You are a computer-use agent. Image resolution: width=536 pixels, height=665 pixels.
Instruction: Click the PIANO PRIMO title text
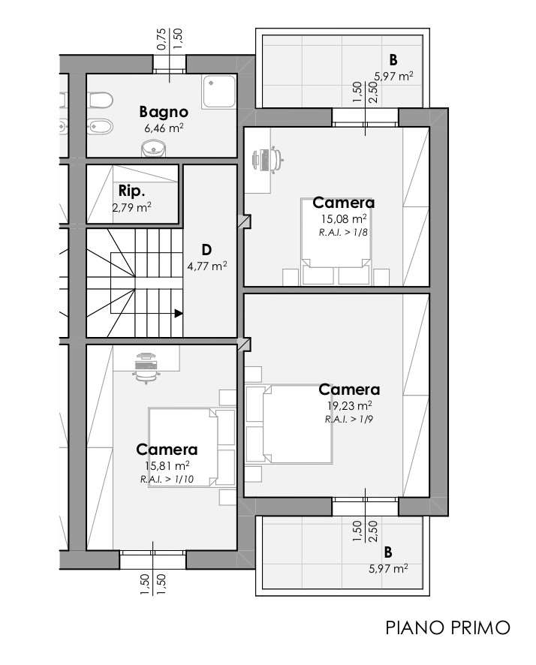coord(448,627)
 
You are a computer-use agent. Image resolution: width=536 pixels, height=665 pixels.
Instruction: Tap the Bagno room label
coord(164,112)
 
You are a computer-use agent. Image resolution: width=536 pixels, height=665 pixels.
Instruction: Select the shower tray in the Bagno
coord(218,91)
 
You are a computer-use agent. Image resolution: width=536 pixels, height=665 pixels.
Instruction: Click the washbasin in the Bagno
coord(153,149)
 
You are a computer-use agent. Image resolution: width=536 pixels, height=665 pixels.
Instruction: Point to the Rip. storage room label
coord(132,191)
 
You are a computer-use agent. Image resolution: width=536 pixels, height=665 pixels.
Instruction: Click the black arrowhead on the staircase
coord(179,314)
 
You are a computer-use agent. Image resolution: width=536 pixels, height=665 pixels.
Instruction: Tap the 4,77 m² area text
coord(207,266)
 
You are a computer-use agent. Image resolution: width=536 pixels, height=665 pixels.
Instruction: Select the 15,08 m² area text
coord(344,219)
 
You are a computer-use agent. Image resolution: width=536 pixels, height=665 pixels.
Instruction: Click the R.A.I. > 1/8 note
coord(343,233)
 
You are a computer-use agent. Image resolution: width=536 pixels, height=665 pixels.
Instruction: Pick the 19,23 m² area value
coord(349,406)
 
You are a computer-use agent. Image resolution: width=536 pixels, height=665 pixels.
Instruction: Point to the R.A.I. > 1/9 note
coord(349,420)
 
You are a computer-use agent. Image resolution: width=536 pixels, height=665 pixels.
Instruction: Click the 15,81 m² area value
coord(167,465)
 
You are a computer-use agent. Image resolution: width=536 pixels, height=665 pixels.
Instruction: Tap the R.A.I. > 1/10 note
coord(167,480)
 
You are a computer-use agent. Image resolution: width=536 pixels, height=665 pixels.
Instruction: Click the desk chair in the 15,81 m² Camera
coord(146,368)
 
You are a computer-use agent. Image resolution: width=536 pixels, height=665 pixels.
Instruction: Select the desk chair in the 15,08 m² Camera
coord(268,159)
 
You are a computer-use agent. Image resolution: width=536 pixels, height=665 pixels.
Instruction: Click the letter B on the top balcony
coord(393,60)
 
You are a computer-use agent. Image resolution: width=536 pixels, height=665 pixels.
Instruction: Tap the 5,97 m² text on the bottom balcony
coord(388,568)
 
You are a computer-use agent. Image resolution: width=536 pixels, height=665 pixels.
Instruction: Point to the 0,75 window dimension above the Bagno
coord(161,39)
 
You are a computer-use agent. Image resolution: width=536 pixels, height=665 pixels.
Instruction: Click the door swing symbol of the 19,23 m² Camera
coord(245,344)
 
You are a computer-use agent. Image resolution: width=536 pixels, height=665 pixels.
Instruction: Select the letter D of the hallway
coord(206,250)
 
